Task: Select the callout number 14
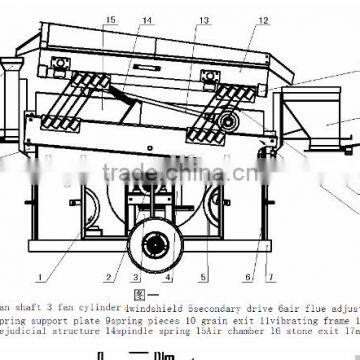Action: pyautogui.click(x=147, y=20)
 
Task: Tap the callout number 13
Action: pyautogui.click(x=204, y=20)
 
